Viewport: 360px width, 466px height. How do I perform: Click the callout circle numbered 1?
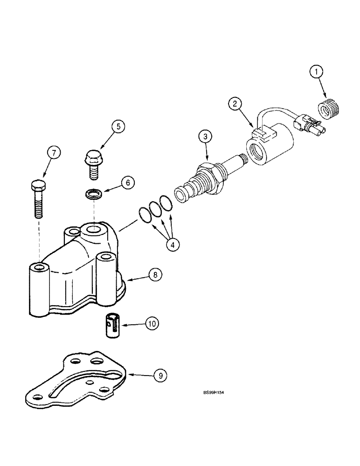click(x=318, y=72)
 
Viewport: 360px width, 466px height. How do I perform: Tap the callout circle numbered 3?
click(x=204, y=137)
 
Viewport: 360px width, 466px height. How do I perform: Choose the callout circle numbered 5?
click(x=118, y=126)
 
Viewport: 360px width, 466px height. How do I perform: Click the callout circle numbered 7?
click(x=54, y=152)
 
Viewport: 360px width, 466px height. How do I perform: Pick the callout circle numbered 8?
click(x=155, y=275)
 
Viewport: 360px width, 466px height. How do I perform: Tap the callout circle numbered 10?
click(x=152, y=322)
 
